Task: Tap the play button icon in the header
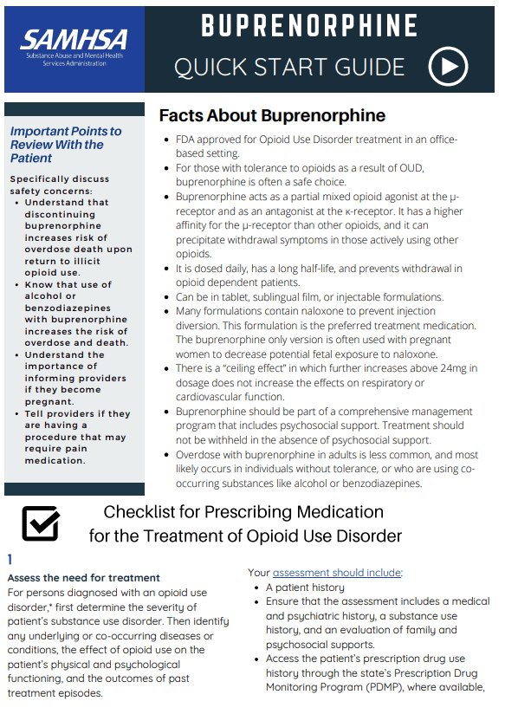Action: click(448, 67)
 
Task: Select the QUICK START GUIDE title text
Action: click(289, 67)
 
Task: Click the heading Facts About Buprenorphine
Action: click(272, 116)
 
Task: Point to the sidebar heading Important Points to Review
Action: click(66, 145)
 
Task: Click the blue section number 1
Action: click(10, 560)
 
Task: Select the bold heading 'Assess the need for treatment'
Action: click(83, 578)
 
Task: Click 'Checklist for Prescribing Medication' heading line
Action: click(243, 511)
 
